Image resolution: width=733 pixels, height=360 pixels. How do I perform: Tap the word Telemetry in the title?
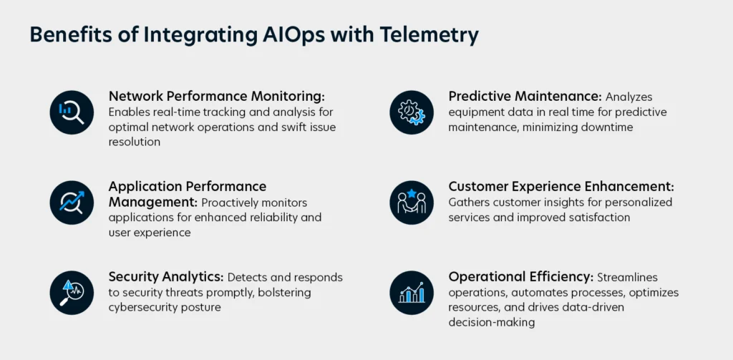tap(429, 36)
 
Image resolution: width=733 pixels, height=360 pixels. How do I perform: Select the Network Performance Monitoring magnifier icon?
tap(72, 112)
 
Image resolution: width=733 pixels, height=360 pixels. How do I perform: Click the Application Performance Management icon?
tap(72, 203)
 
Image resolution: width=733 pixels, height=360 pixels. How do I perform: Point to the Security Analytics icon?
tap(72, 293)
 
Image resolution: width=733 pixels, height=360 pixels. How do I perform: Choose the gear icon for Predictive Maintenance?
tap(412, 112)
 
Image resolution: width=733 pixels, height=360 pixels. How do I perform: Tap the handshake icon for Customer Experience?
tap(412, 203)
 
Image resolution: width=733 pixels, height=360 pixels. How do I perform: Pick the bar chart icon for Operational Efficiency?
tap(412, 293)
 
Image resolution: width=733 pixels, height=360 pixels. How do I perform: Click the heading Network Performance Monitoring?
tap(216, 97)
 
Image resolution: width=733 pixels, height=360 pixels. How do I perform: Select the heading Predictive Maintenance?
tap(525, 97)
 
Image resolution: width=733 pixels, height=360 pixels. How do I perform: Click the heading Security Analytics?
tap(166, 277)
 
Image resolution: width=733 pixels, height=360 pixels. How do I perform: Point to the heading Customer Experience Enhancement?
tap(561, 187)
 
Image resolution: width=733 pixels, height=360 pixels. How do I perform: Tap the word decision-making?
tap(491, 323)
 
